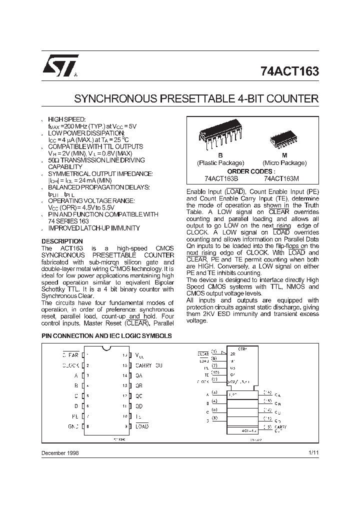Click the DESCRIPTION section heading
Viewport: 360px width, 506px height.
point(61,241)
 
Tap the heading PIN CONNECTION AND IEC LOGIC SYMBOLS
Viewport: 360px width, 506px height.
point(106,336)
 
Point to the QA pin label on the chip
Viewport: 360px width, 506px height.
point(139,375)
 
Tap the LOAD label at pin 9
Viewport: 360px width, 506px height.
point(142,426)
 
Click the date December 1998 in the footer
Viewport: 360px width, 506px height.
point(59,452)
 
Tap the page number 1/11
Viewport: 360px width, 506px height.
point(313,452)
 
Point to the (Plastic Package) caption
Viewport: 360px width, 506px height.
point(220,163)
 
